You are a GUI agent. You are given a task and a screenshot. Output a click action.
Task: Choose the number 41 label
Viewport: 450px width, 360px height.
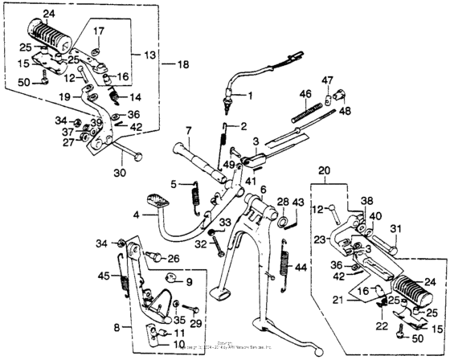239,181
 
